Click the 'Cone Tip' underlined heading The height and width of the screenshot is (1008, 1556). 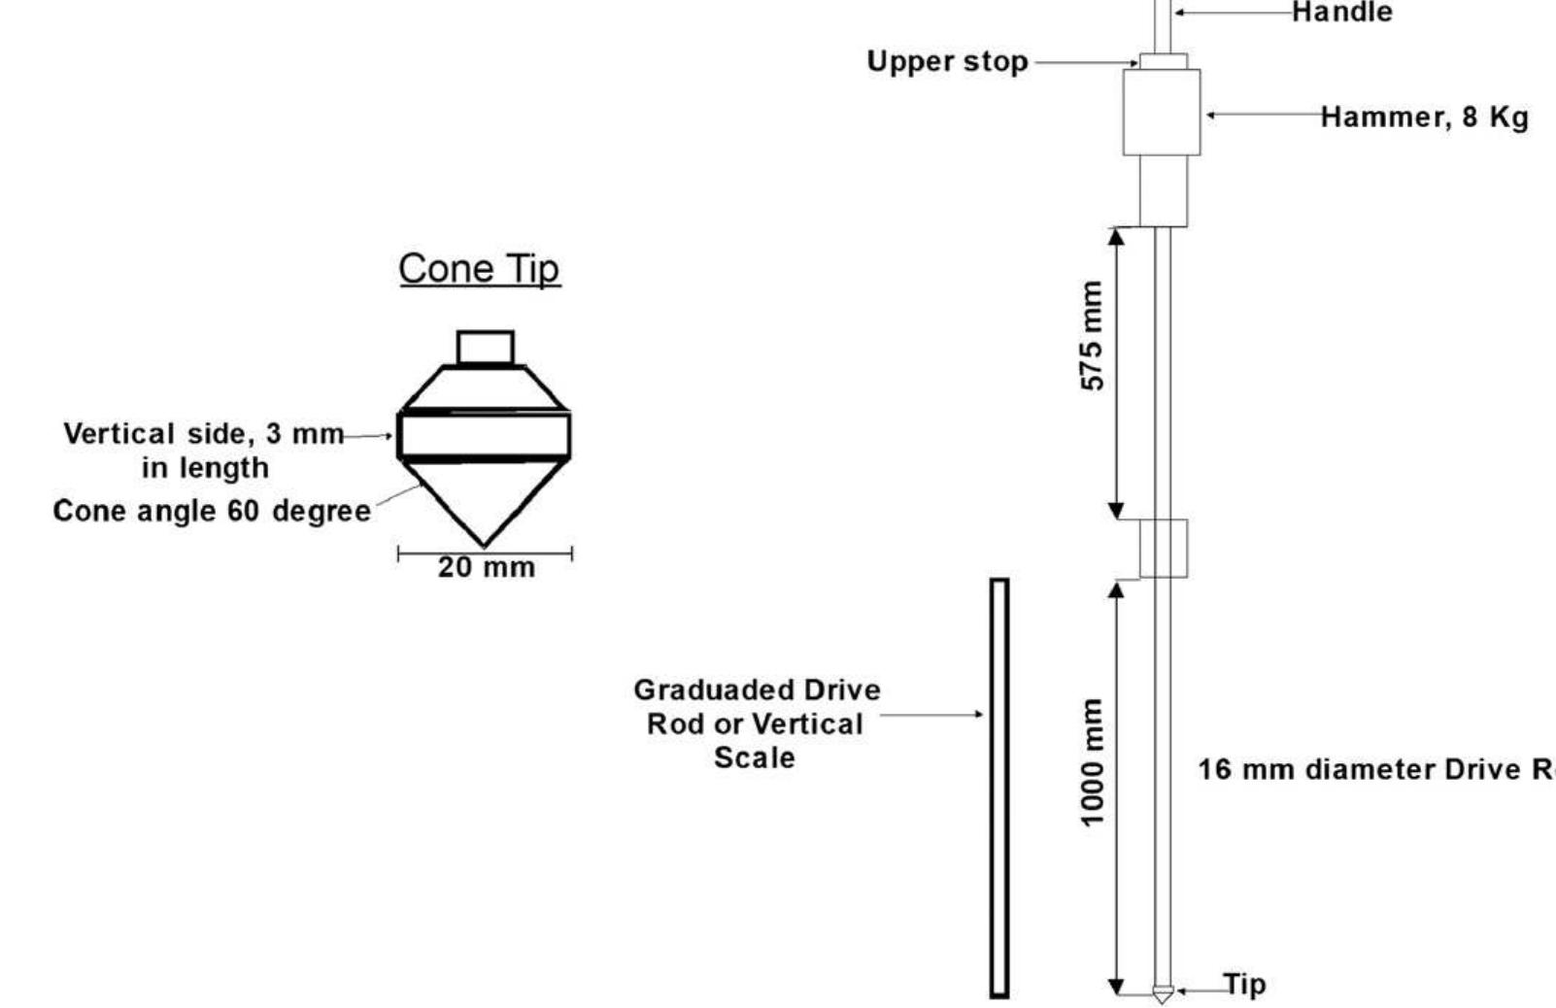(x=479, y=269)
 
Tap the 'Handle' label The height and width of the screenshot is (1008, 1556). (x=1341, y=13)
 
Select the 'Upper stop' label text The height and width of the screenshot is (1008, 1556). (x=947, y=61)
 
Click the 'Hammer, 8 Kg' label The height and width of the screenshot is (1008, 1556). (x=1424, y=117)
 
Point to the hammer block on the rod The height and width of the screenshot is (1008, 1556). (x=1162, y=112)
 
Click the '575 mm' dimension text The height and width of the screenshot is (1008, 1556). (x=1093, y=336)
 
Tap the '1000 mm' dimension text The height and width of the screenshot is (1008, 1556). (x=1093, y=762)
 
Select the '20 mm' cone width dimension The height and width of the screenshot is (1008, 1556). (x=486, y=567)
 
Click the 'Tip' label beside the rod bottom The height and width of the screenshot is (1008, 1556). (x=1244, y=985)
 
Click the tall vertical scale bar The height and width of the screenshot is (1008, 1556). (x=999, y=788)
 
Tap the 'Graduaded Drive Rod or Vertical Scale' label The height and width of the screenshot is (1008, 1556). (x=756, y=723)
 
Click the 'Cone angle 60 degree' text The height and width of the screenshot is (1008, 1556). (x=212, y=511)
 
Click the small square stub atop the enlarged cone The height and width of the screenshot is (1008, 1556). (x=485, y=348)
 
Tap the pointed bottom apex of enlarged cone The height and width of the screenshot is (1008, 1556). (x=484, y=545)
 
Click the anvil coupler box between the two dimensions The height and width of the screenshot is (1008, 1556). (x=1163, y=549)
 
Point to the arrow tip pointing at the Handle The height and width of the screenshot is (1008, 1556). (x=1177, y=13)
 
